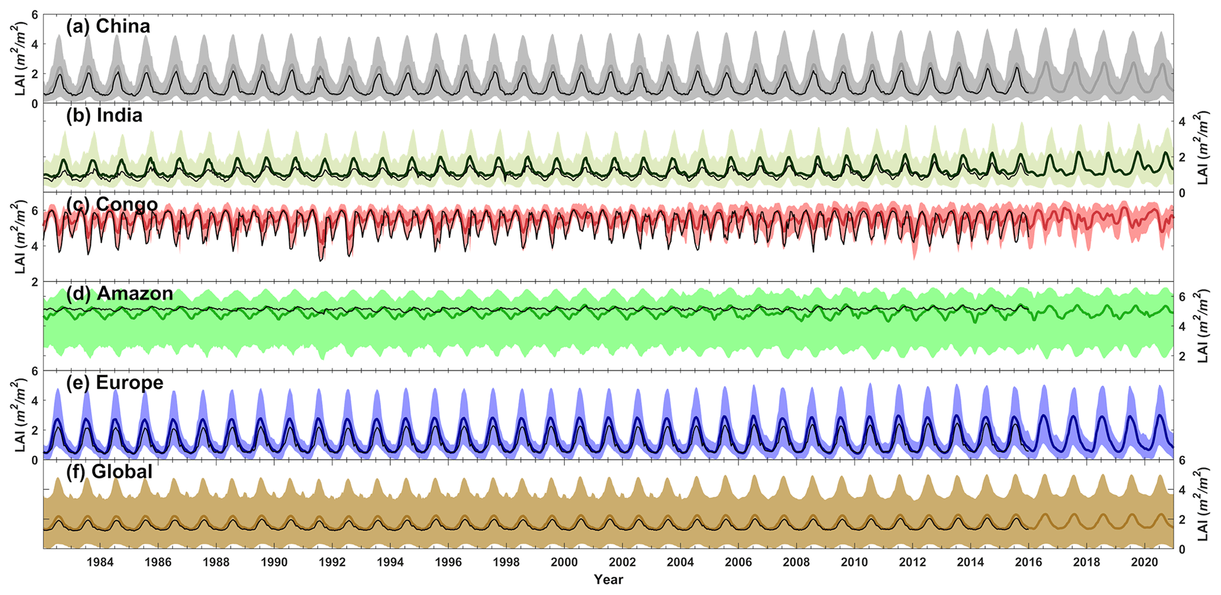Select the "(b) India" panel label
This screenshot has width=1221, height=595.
[104, 115]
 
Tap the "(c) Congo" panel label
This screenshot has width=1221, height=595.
[112, 204]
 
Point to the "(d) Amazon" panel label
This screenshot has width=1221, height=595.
[119, 293]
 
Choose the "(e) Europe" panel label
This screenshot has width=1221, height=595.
[115, 382]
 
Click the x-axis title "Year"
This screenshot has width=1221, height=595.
[608, 580]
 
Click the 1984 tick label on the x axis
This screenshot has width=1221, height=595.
[100, 562]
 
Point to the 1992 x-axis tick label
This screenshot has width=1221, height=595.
[332, 562]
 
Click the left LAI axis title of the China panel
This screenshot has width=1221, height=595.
[20, 59]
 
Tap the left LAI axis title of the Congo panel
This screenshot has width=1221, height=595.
[20, 237]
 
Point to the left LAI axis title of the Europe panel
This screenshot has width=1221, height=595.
[20, 416]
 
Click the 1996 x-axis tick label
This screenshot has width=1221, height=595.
[448, 562]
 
